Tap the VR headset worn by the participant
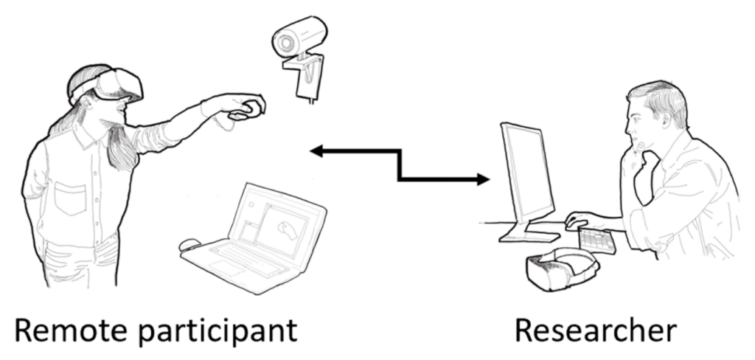click(118, 84)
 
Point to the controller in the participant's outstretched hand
click(246, 110)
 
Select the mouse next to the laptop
click(190, 244)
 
